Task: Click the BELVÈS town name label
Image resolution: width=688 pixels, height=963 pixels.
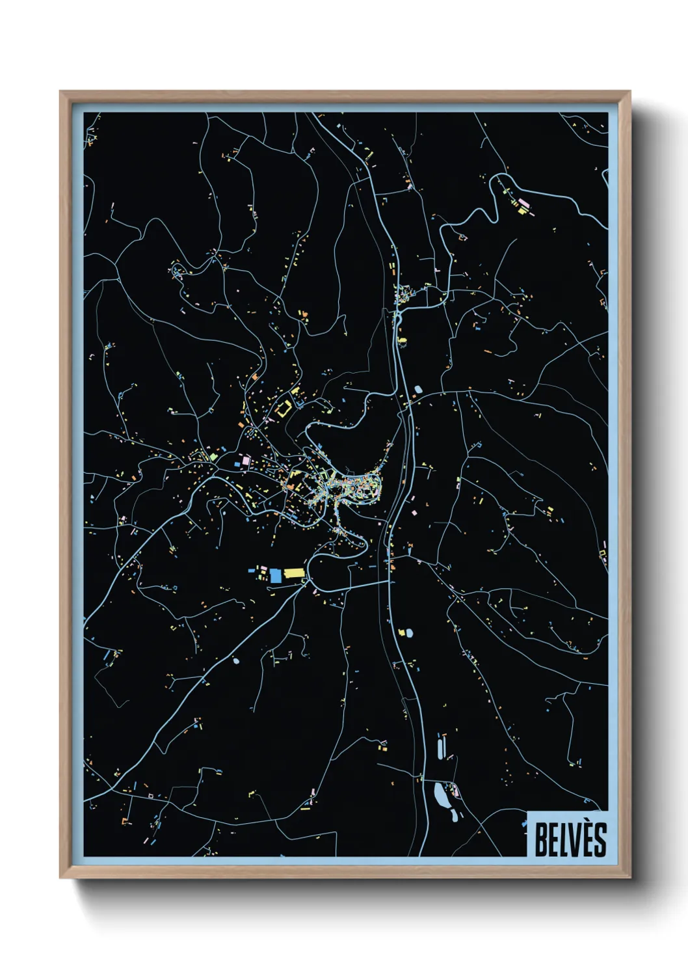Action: pos(570,839)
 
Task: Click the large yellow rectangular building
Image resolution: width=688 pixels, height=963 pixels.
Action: pos(294,573)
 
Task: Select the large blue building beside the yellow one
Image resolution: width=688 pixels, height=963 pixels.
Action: pos(275,575)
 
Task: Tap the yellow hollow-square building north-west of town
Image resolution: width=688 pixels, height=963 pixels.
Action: pos(284,410)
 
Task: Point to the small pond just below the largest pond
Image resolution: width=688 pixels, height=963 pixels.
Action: pos(453,814)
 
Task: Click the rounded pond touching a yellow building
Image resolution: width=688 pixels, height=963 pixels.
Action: pos(410,632)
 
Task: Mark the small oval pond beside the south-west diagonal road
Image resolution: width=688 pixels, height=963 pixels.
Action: pos(236,661)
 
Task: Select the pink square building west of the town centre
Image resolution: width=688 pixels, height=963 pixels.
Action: pos(246,461)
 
